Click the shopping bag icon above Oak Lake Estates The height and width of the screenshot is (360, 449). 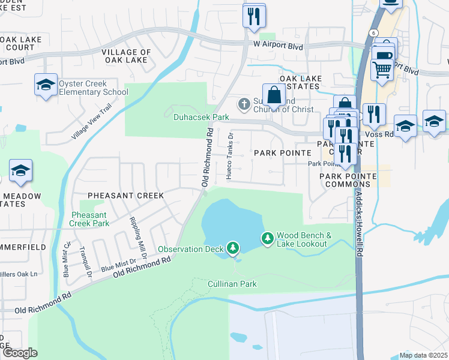274,95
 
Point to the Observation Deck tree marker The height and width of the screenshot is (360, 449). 233,248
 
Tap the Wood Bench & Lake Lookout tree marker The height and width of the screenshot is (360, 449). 267,239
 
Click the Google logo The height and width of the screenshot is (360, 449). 19,353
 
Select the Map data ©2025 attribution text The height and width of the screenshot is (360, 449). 423,355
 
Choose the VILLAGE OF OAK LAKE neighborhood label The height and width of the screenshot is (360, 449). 127,56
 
